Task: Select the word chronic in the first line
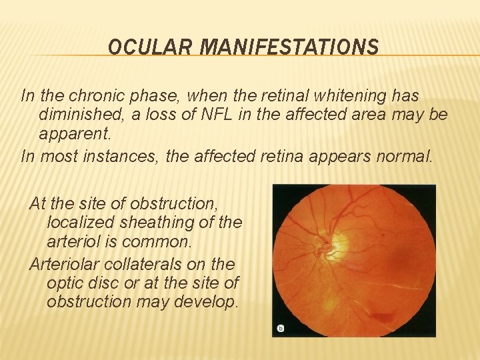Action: [90, 96]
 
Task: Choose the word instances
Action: [117, 157]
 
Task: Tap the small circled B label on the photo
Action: [280, 328]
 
